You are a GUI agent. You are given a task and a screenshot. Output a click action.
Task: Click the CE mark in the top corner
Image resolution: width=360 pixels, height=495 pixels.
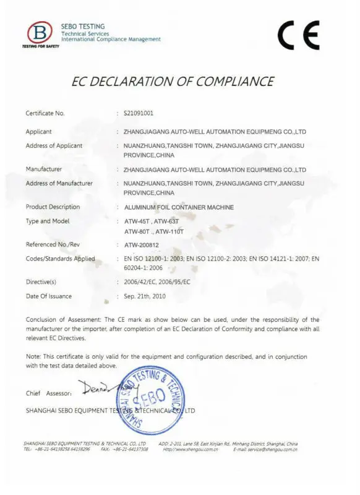point(299,35)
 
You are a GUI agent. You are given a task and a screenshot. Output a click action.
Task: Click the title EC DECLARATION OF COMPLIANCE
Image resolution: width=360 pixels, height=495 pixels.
point(173,81)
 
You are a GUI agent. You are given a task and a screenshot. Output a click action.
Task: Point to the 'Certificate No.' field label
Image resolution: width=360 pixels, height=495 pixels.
point(45,113)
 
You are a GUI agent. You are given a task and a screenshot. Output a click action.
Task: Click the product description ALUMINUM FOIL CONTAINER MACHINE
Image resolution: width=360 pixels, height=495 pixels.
point(179,207)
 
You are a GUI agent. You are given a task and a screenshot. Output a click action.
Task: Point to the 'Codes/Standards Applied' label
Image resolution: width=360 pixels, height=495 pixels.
point(60,259)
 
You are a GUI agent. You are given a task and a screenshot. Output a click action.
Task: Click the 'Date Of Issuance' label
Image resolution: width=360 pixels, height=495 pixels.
point(48,296)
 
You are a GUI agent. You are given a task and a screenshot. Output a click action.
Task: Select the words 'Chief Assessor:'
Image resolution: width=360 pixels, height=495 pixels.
point(49,394)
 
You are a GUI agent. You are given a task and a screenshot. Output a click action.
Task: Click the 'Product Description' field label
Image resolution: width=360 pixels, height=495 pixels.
point(53,207)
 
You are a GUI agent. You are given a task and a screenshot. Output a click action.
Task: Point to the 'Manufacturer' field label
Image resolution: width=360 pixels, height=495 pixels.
point(44,168)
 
